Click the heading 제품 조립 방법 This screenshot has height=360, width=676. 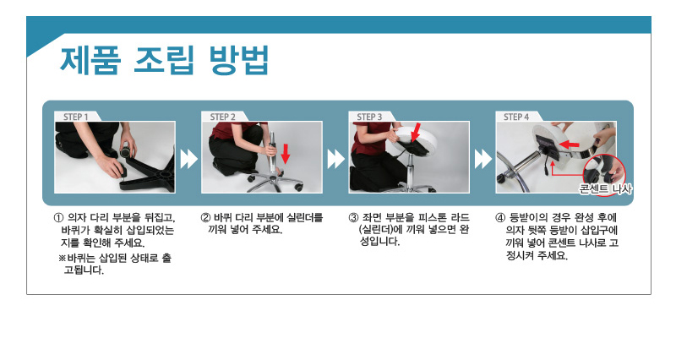[164, 60]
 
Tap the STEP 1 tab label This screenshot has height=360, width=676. [76, 117]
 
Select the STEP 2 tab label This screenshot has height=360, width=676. [222, 117]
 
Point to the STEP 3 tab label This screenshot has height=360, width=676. [369, 117]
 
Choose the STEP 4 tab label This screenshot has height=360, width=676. [516, 117]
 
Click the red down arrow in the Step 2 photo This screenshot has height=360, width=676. [285, 154]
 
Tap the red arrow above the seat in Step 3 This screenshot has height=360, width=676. [416, 133]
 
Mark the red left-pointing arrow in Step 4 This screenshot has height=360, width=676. [569, 143]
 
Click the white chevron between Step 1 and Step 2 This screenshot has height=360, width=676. [188, 159]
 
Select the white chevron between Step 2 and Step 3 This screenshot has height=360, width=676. [335, 159]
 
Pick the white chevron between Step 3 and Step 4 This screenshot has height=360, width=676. [482, 159]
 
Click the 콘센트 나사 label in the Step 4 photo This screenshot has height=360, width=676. [605, 188]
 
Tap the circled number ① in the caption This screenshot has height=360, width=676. [58, 217]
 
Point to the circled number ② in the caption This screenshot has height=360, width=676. [205, 217]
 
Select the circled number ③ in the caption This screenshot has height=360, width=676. [353, 217]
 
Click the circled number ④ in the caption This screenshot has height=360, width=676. [499, 217]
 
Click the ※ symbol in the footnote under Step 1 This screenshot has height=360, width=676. [62, 259]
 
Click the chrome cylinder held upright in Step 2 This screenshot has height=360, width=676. [271, 155]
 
